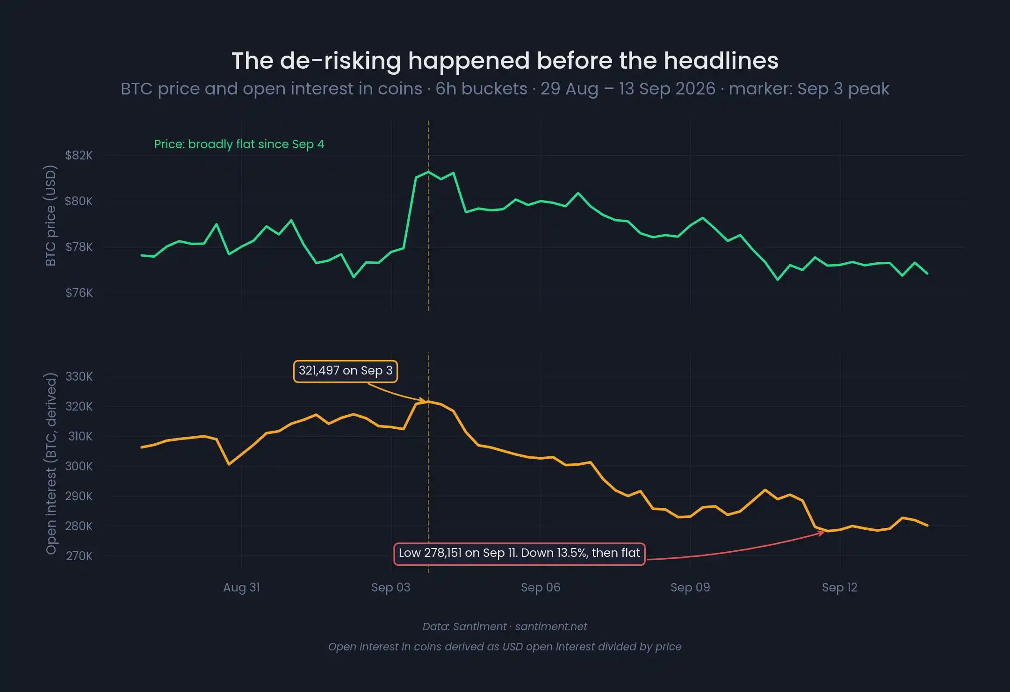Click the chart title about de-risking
tap(505, 61)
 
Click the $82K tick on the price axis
tap(79, 155)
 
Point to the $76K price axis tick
tap(79, 293)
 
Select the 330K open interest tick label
tap(79, 376)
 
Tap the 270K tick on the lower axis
tap(79, 556)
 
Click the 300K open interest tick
tap(79, 466)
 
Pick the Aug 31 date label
tap(242, 587)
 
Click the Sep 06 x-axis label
tap(541, 587)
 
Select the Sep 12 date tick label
tap(840, 587)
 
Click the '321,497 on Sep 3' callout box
tap(346, 371)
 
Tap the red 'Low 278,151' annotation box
tap(519, 554)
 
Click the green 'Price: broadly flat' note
tap(239, 144)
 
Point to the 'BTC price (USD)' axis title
tap(50, 216)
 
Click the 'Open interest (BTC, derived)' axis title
tap(50, 463)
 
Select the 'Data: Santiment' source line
tap(505, 627)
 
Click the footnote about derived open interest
tap(505, 647)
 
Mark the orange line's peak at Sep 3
tap(428, 401)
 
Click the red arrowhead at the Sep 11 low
tap(821, 533)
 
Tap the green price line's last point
tap(927, 274)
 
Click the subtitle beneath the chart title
tap(505, 89)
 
